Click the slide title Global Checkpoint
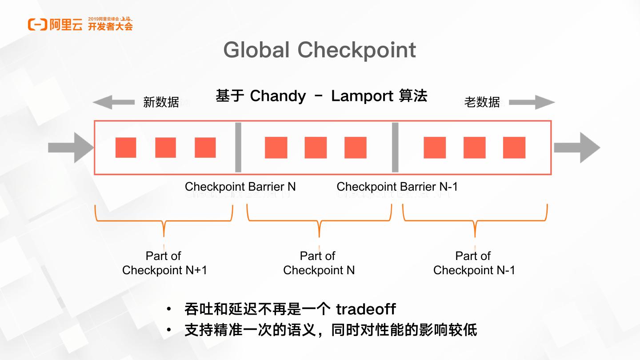point(320,50)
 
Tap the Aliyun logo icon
point(37,25)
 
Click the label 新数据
point(161,102)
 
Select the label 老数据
point(482,102)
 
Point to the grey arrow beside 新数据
point(113,103)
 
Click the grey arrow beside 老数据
point(532,103)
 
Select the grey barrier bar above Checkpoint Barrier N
point(238,147)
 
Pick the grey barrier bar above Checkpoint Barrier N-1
point(395,147)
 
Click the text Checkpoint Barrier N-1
point(397,187)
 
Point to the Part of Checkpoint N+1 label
point(164,263)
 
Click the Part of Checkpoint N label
point(318,263)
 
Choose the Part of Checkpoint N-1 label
point(474,263)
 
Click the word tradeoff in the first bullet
point(365,309)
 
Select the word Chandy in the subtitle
point(278,96)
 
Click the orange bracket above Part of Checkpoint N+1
point(164,220)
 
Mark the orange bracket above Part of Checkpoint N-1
point(475,220)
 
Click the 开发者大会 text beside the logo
point(110,27)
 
